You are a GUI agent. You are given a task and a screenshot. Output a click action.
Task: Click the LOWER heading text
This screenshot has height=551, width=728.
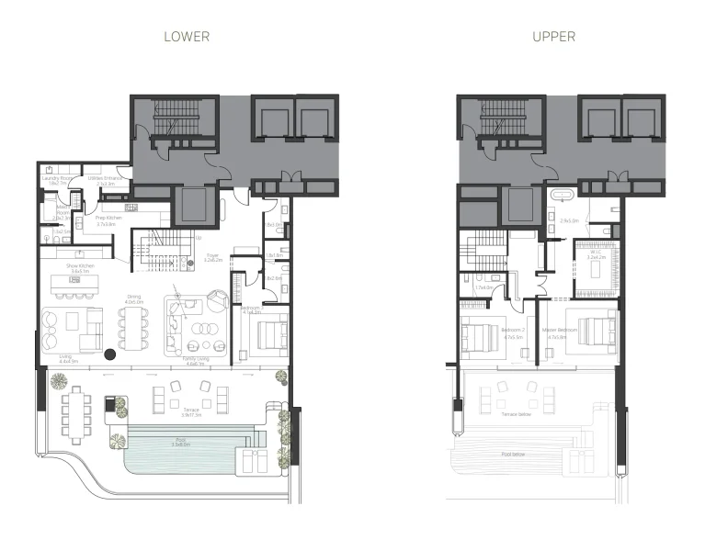[187, 37]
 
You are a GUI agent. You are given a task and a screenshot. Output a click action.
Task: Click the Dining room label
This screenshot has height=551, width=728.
[133, 298]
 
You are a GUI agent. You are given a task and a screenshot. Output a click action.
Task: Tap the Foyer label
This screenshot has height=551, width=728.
[212, 258]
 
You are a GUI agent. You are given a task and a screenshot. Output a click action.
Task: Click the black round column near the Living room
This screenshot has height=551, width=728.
[109, 353]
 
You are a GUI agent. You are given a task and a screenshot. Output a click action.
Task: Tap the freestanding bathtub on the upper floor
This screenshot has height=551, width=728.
[561, 196]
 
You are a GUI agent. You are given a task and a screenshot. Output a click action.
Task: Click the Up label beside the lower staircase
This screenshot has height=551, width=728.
[172, 237]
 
